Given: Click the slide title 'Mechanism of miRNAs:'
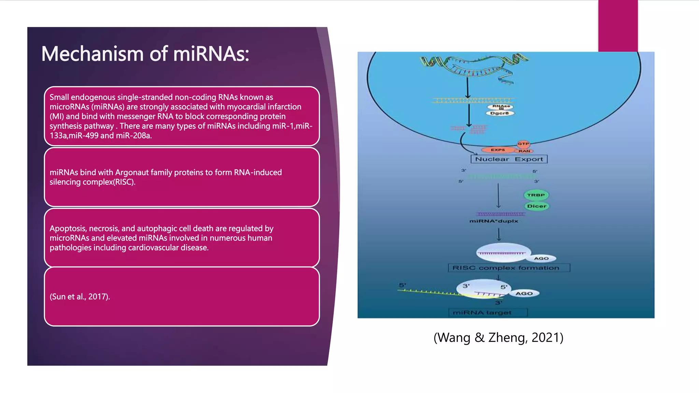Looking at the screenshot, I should (145, 54).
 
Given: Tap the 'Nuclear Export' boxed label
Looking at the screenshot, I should (509, 159).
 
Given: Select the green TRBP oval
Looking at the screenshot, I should (536, 195).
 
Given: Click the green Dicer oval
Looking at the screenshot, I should (537, 206).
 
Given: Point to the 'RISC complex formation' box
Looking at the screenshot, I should (509, 268).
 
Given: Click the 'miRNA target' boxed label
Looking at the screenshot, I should (487, 312).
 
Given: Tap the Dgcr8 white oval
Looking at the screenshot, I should (500, 113).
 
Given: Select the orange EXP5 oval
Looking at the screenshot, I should (498, 150).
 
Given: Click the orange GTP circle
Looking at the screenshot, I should (523, 144).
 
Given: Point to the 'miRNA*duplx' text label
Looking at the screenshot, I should (494, 221).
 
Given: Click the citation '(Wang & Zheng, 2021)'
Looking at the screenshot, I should (498, 337).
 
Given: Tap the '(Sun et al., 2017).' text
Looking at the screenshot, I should (80, 296).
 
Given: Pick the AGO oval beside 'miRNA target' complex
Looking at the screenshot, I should (524, 293).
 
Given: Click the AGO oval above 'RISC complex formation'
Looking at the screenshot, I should (541, 259).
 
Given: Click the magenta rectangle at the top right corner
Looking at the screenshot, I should (618, 26).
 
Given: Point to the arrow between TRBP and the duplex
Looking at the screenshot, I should (498, 196).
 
